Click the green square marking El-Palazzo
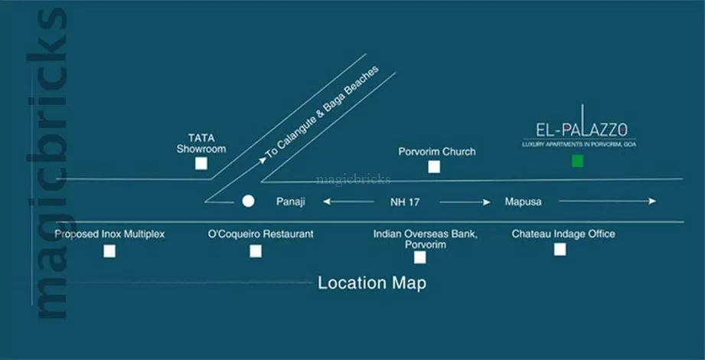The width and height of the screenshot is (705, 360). [x=577, y=161]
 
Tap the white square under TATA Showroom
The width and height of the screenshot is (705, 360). [x=201, y=163]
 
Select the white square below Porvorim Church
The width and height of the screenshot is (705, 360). [x=434, y=167]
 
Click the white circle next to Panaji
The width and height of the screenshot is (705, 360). [x=248, y=201]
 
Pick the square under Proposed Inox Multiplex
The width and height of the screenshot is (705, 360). [x=109, y=250]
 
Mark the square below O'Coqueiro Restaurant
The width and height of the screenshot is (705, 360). [x=256, y=250]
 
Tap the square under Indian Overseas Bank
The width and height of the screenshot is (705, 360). [x=419, y=257]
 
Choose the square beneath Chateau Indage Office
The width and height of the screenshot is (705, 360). [x=560, y=249]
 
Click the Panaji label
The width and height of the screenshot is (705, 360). [x=291, y=202]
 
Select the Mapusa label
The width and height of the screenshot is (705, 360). [x=523, y=202]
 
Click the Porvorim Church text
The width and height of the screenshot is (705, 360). [x=437, y=152]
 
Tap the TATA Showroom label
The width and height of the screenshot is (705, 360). [x=201, y=143]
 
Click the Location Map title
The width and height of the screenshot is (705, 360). [x=372, y=283]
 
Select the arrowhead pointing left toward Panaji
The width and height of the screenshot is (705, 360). [x=326, y=202]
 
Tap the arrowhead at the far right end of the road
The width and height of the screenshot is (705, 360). [x=652, y=201]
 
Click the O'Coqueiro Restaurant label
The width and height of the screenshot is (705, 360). [x=261, y=234]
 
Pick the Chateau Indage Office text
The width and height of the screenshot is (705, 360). [x=563, y=234]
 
